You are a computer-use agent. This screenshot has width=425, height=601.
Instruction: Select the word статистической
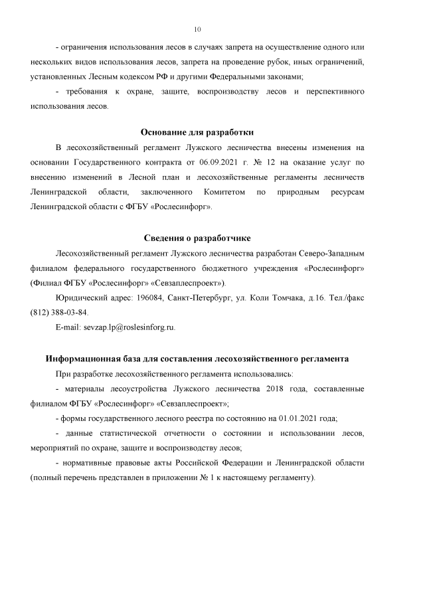point(141,433)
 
